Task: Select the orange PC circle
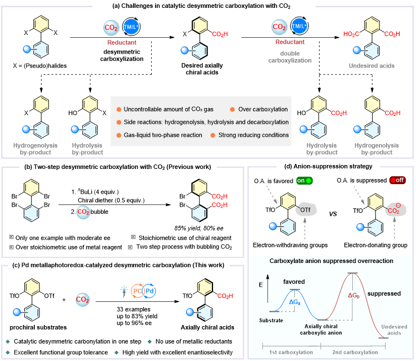click(137, 292)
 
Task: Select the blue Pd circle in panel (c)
click(150, 292)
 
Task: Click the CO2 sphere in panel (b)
click(83, 212)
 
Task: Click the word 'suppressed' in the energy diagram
click(384, 293)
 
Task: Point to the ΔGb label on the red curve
click(353, 295)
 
